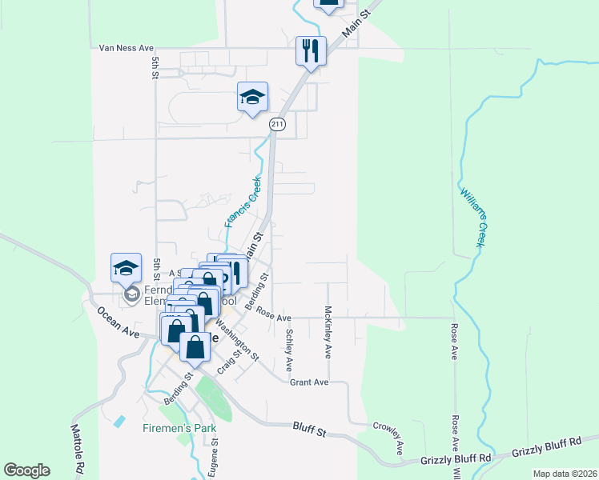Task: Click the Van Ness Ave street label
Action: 126,48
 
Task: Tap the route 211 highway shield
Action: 277,124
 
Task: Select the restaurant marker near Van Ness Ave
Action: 309,51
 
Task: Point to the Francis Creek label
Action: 243,202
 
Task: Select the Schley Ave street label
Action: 289,349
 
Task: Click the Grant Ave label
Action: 310,382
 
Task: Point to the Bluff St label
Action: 310,431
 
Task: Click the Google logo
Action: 26,470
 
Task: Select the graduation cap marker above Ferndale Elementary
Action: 126,267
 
